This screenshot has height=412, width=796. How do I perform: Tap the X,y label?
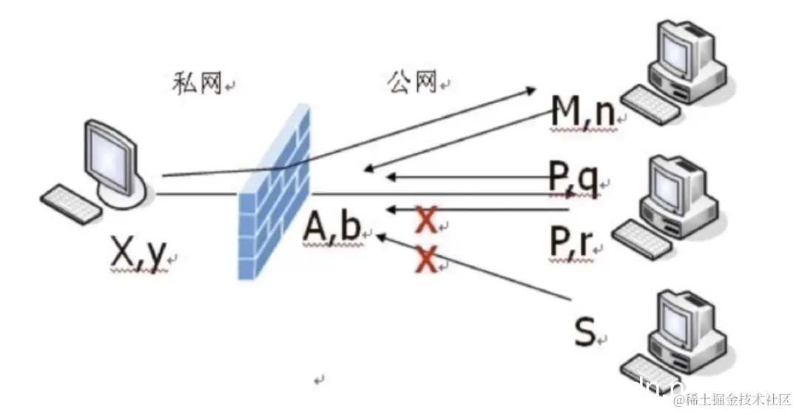point(138,254)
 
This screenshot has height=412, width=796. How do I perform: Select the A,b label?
point(331,228)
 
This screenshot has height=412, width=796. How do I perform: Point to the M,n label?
point(583,113)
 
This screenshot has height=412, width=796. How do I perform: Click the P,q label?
point(573,179)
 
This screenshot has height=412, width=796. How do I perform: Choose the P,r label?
point(571,241)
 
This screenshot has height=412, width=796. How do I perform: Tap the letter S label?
point(584,332)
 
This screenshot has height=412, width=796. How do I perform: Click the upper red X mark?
point(425,219)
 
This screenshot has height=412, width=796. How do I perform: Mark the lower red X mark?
point(425,259)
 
